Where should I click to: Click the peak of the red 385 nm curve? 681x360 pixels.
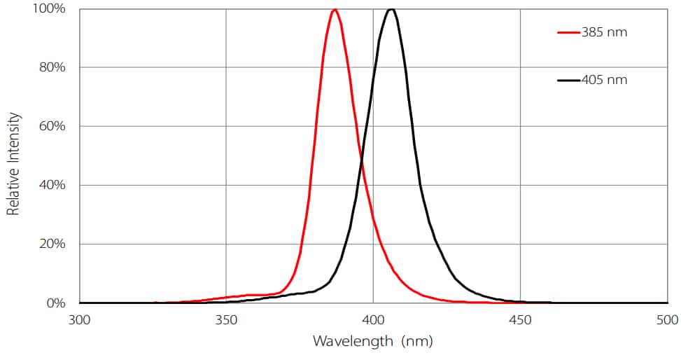click(x=335, y=10)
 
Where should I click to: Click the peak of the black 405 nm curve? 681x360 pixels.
click(x=391, y=10)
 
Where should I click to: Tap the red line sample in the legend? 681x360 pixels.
click(x=568, y=32)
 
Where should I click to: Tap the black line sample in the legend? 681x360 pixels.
click(x=568, y=80)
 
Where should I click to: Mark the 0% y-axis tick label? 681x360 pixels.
click(x=55, y=303)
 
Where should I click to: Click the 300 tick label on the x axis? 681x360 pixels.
click(x=80, y=320)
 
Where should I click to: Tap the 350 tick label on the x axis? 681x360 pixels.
click(x=226, y=320)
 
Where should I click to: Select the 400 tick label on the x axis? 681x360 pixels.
click(x=373, y=320)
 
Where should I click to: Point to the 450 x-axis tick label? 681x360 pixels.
click(x=520, y=320)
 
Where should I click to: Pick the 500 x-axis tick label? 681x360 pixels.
click(x=666, y=320)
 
